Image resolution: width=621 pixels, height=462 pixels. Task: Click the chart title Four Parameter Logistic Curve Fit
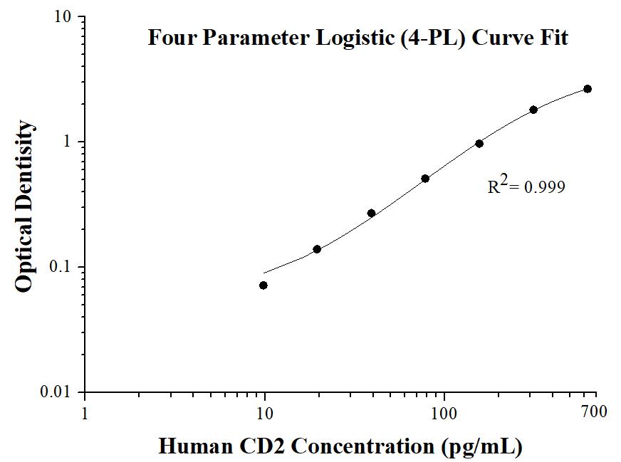pyautogui.click(x=358, y=37)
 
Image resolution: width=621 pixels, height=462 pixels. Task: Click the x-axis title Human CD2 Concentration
pyautogui.click(x=340, y=446)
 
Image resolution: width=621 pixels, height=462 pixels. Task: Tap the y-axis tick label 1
pyautogui.click(x=68, y=142)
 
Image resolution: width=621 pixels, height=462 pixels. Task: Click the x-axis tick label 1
pyautogui.click(x=85, y=411)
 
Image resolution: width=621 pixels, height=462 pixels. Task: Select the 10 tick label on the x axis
pyautogui.click(x=264, y=411)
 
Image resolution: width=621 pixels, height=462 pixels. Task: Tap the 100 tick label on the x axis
pyautogui.click(x=444, y=411)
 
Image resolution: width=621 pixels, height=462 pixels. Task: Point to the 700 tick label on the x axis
pyautogui.click(x=594, y=411)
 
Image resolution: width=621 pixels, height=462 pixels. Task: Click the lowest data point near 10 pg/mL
pyautogui.click(x=263, y=285)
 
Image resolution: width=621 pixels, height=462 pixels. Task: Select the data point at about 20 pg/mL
pyautogui.click(x=317, y=249)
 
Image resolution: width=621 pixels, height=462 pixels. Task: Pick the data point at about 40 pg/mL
pyautogui.click(x=371, y=213)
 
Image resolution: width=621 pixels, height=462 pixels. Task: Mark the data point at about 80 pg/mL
pyautogui.click(x=425, y=179)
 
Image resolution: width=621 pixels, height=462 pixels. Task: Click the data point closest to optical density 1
pyautogui.click(x=479, y=143)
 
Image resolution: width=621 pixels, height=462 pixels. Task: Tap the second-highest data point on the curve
pyautogui.click(x=533, y=110)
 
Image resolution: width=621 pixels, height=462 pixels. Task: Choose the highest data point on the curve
pyautogui.click(x=588, y=88)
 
